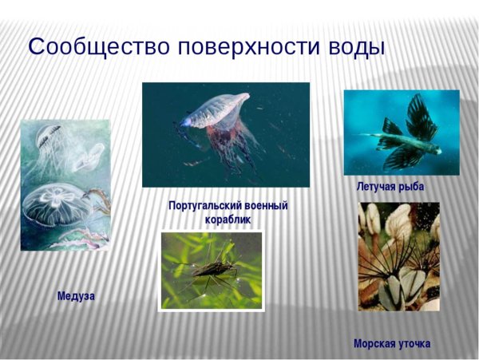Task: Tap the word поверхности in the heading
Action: (239, 47)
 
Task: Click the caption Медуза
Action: (76, 296)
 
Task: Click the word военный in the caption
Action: (267, 206)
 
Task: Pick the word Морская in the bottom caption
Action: (374, 343)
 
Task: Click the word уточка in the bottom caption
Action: (413, 343)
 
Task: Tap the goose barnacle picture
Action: (398, 255)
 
